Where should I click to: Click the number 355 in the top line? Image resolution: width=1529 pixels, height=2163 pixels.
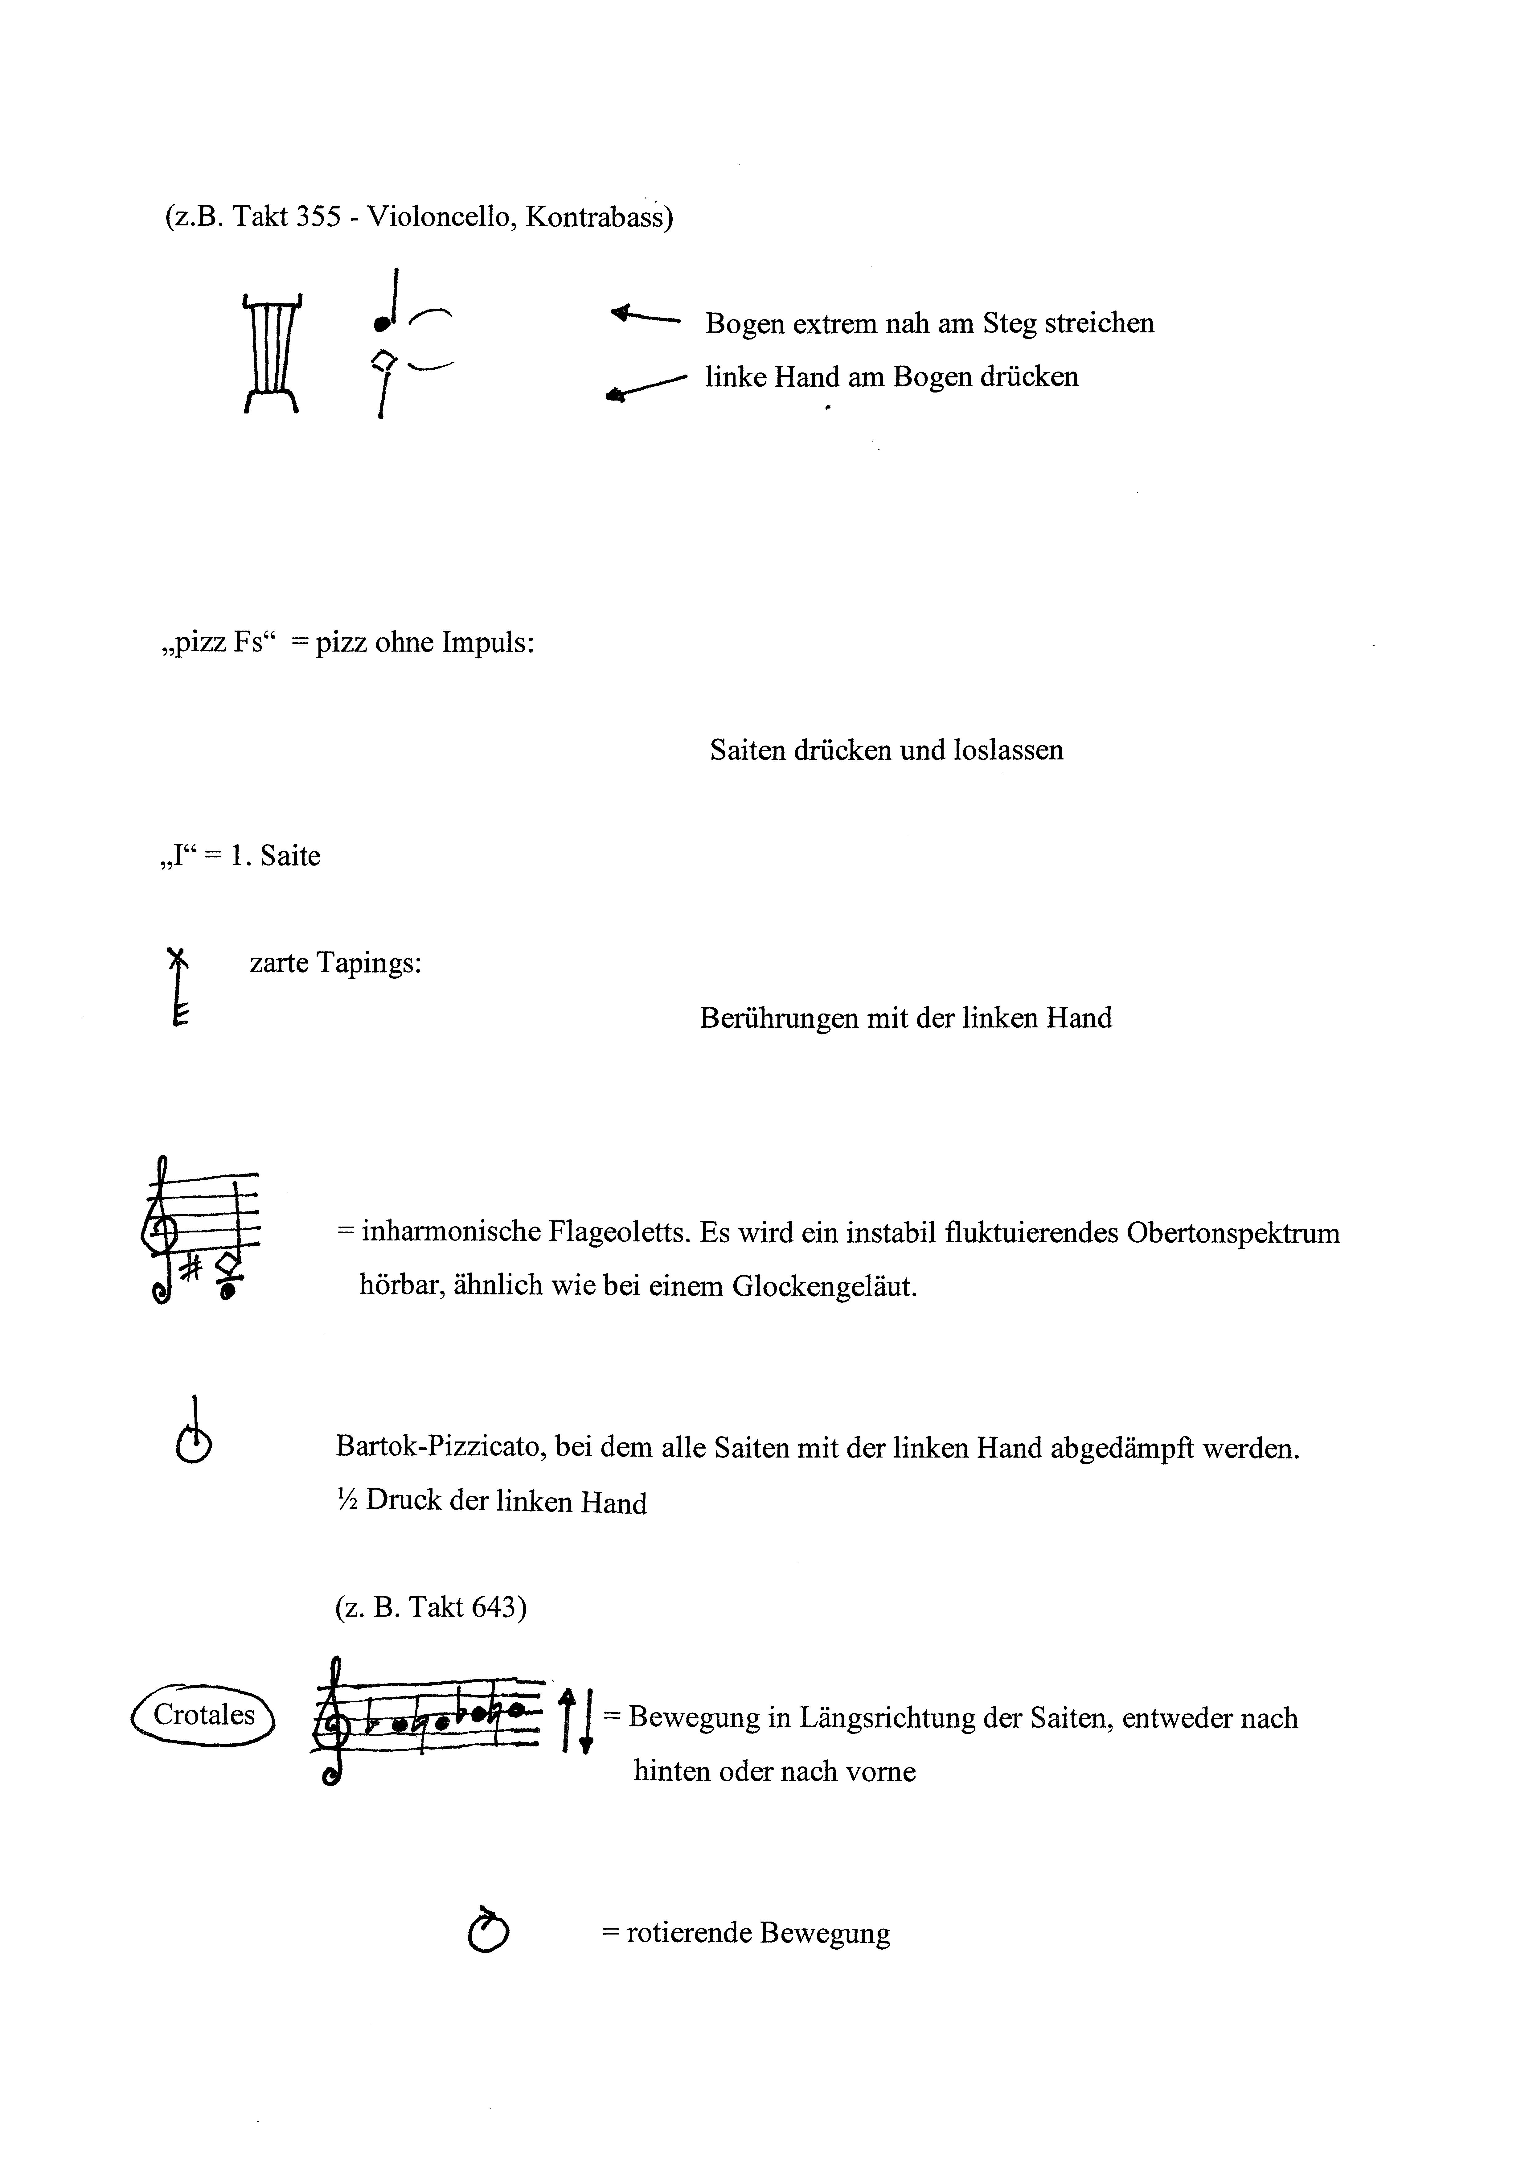tap(318, 218)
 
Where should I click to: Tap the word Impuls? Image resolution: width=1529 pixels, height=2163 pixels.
tap(487, 644)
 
